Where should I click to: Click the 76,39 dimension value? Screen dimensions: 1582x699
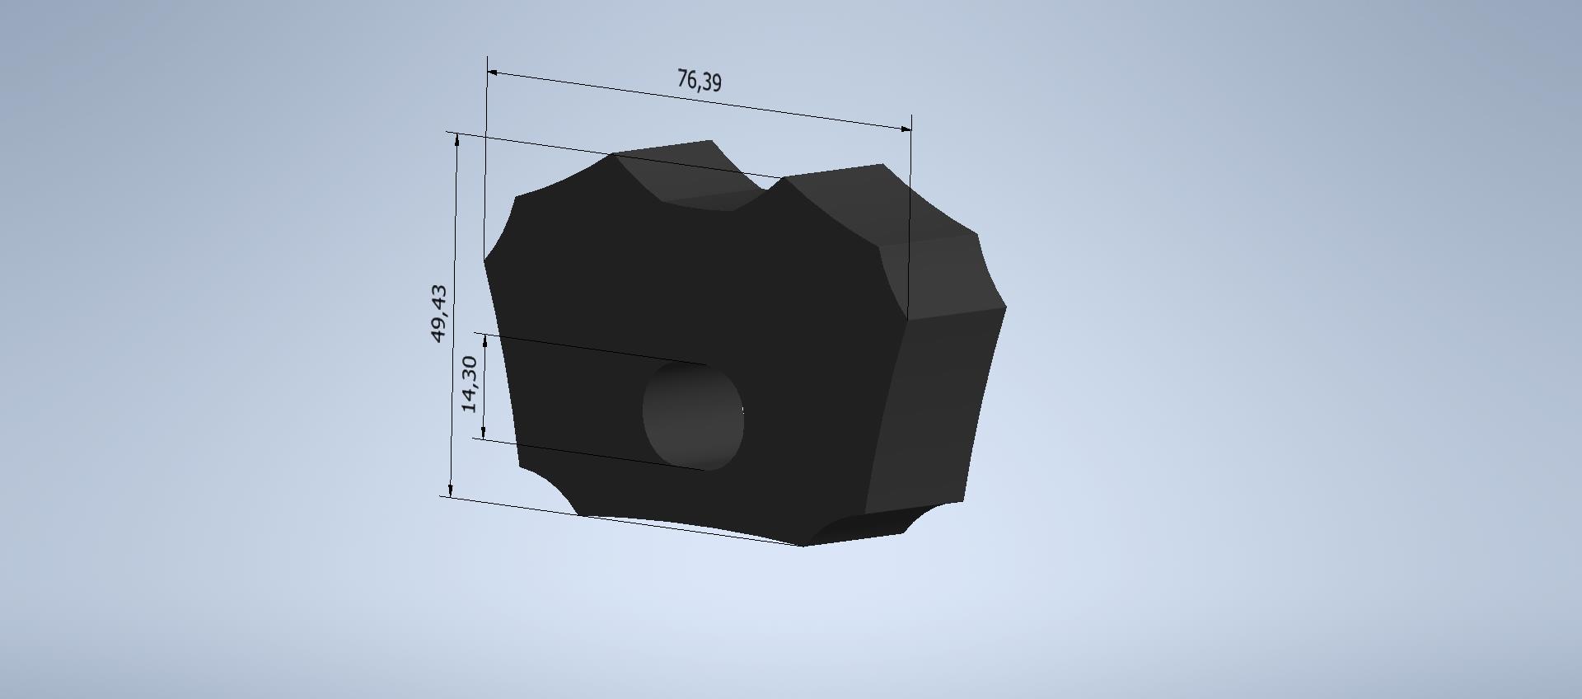(x=700, y=80)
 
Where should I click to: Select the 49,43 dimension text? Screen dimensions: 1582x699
(x=439, y=313)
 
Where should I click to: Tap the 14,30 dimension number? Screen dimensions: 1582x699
(x=469, y=384)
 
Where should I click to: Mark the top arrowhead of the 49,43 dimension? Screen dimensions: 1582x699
(x=457, y=140)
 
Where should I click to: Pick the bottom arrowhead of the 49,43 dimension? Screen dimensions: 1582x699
(x=451, y=489)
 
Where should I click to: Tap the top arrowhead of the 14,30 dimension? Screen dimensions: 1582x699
(x=486, y=340)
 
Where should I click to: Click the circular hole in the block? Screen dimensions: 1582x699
(x=693, y=416)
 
